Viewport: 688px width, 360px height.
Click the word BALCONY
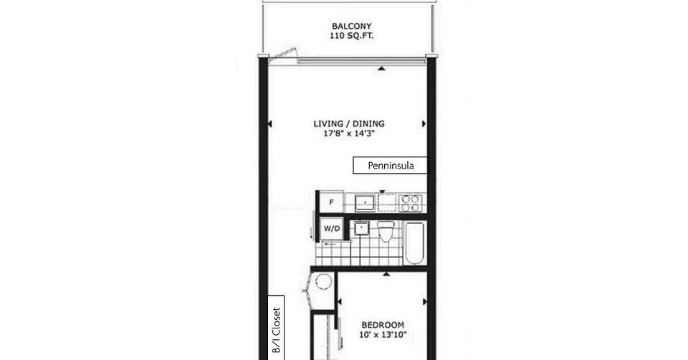pyautogui.click(x=351, y=27)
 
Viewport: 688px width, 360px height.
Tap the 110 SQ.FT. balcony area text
pyautogui.click(x=351, y=37)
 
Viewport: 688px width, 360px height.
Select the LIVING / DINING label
pyautogui.click(x=349, y=124)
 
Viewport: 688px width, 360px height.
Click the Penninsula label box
pyautogui.click(x=390, y=166)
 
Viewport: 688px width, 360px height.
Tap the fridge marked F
pyautogui.click(x=331, y=202)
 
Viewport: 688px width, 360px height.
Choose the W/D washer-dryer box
pyautogui.click(x=332, y=229)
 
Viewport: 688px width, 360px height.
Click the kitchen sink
pyautogui.click(x=365, y=203)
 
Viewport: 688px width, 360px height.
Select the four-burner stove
pyautogui.click(x=410, y=203)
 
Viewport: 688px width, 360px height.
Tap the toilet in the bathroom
pyautogui.click(x=386, y=232)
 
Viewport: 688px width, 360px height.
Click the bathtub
pyautogui.click(x=414, y=243)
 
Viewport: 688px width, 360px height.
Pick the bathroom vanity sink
pyautogui.click(x=361, y=228)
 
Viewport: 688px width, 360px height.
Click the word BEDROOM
pyautogui.click(x=383, y=326)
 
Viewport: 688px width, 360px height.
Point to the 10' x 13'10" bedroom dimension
pyautogui.click(x=383, y=336)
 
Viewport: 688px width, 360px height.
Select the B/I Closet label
pyautogui.click(x=276, y=330)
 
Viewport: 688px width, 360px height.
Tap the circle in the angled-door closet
pyautogui.click(x=323, y=281)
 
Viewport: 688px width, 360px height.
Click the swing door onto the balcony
pyautogui.click(x=282, y=55)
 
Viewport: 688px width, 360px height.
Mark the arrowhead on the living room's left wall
pyautogui.click(x=270, y=124)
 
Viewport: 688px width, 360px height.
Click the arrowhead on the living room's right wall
pyautogui.click(x=424, y=124)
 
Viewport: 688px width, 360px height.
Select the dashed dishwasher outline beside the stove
pyautogui.click(x=387, y=203)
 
